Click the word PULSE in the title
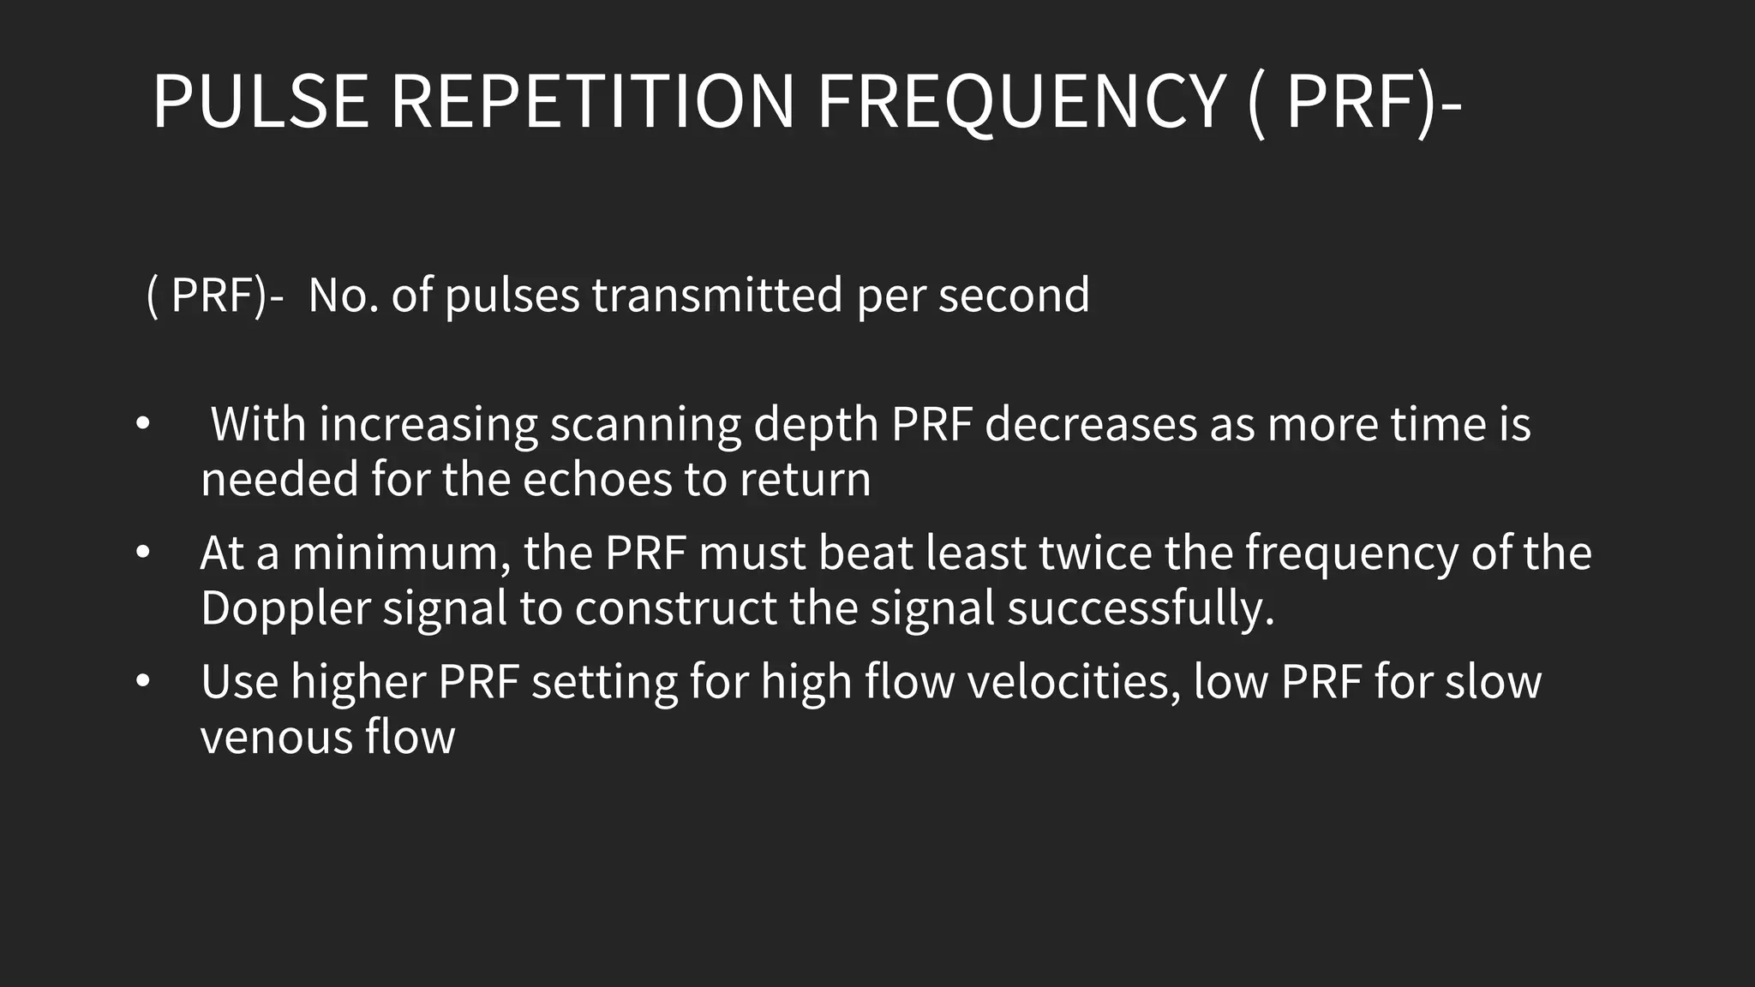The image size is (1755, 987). (x=261, y=102)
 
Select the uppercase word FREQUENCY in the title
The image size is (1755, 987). (x=1020, y=102)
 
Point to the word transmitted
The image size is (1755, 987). (x=717, y=296)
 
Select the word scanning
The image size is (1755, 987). (x=644, y=425)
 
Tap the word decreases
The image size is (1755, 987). (x=1090, y=425)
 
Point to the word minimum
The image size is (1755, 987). (x=395, y=553)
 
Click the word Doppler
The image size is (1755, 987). (x=285, y=609)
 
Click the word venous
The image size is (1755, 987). (x=276, y=738)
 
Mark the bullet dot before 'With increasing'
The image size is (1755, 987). (x=142, y=424)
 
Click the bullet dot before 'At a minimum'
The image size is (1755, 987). (x=142, y=553)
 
